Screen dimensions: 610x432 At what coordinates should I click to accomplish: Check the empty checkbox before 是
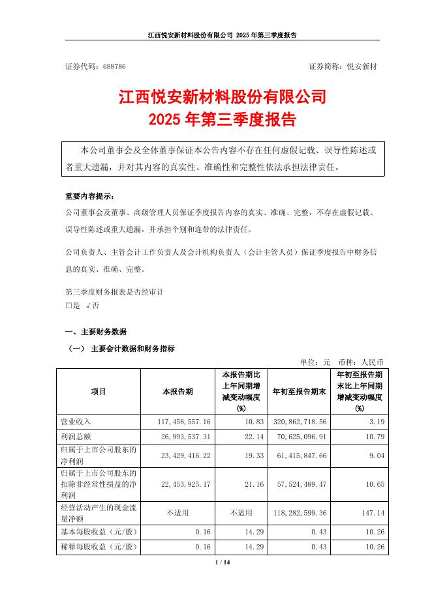69,305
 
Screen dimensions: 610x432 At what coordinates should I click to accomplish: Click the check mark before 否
87,305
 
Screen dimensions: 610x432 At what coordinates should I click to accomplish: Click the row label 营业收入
76,422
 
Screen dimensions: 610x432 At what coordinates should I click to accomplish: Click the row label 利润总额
76,435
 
